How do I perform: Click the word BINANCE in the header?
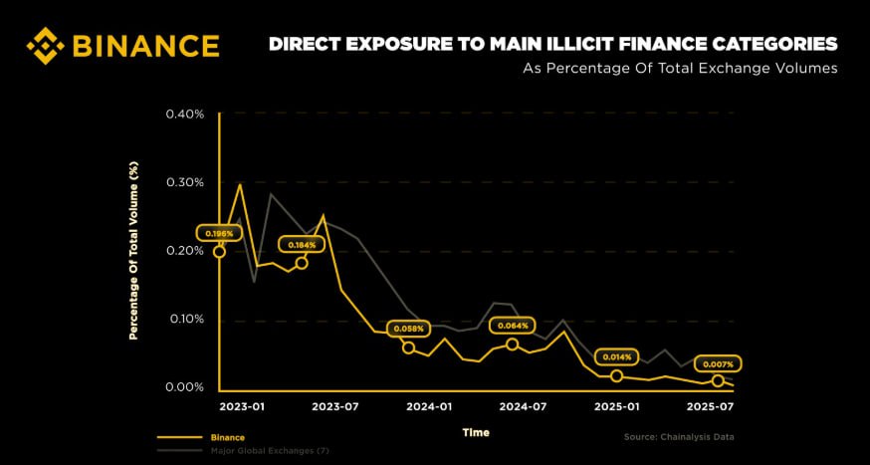point(145,46)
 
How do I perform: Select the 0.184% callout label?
point(302,244)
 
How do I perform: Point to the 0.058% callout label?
point(408,328)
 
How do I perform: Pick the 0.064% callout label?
point(512,325)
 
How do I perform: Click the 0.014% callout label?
point(616,356)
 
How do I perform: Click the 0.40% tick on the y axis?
point(184,114)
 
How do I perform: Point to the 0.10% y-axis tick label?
point(184,319)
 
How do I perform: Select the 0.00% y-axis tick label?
point(184,387)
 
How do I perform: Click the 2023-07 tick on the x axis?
point(334,407)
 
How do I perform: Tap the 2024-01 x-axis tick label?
point(429,407)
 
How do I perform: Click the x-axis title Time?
point(476,432)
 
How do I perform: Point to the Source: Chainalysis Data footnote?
point(678,437)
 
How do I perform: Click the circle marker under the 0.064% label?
point(512,345)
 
